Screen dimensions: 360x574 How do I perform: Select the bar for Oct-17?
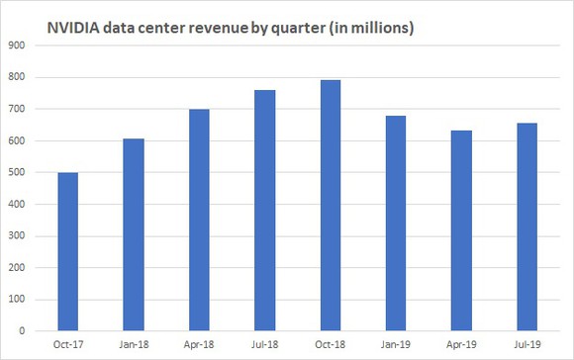click(x=67, y=252)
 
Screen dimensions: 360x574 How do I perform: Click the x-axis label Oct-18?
click(x=331, y=345)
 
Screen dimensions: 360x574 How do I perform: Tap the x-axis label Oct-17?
click(x=67, y=345)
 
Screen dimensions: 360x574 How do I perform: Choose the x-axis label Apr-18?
click(x=199, y=345)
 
